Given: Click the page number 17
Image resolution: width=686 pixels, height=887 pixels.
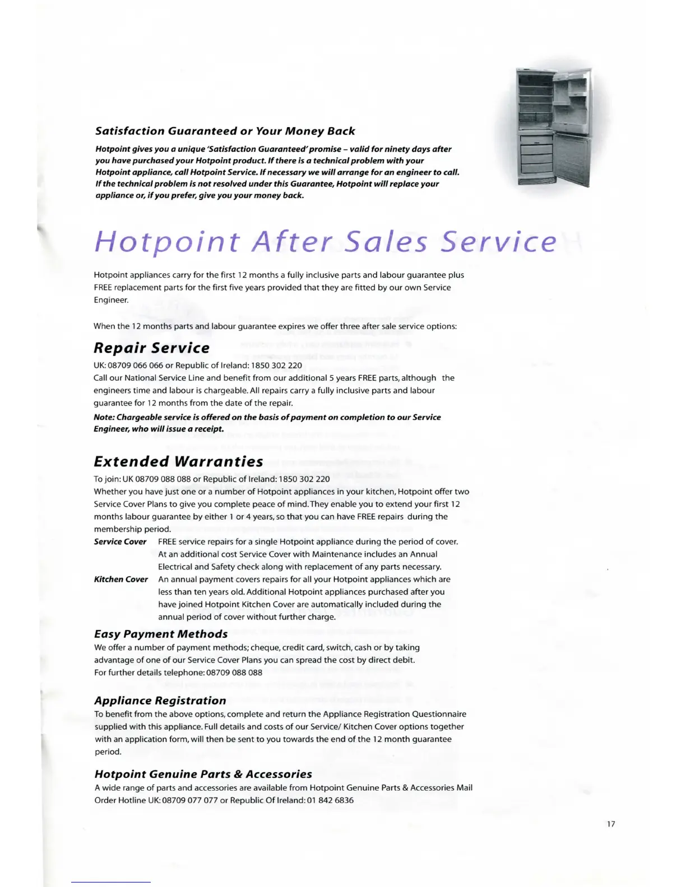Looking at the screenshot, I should pyautogui.click(x=611, y=824).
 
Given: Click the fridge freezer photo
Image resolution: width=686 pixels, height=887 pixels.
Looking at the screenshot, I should pyautogui.click(x=554, y=127).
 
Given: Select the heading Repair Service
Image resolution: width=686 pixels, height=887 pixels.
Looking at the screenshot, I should pyautogui.click(x=151, y=348).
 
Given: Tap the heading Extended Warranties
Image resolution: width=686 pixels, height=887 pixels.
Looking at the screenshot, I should pyautogui.click(x=178, y=461).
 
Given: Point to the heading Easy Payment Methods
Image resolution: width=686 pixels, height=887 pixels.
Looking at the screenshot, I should pyautogui.click(x=161, y=634).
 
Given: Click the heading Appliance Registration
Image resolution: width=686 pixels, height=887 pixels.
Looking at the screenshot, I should pyautogui.click(x=160, y=701).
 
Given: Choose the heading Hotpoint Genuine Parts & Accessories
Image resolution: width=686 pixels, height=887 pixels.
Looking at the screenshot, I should pyautogui.click(x=203, y=774).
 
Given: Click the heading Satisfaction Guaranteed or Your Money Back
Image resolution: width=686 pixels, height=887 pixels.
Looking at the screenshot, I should pyautogui.click(x=225, y=131).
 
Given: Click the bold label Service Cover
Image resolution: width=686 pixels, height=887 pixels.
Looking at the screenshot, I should pyautogui.click(x=120, y=541).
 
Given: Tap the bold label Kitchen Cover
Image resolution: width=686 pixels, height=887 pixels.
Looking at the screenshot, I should pyautogui.click(x=120, y=579).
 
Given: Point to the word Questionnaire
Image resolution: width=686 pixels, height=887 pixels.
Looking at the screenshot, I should pyautogui.click(x=439, y=714).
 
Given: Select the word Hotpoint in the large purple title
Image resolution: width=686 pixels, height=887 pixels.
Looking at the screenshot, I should pyautogui.click(x=167, y=242).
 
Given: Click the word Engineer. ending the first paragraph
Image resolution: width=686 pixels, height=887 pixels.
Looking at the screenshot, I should pyautogui.click(x=111, y=300).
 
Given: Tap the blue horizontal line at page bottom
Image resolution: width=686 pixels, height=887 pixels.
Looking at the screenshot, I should pyautogui.click(x=111, y=883).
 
